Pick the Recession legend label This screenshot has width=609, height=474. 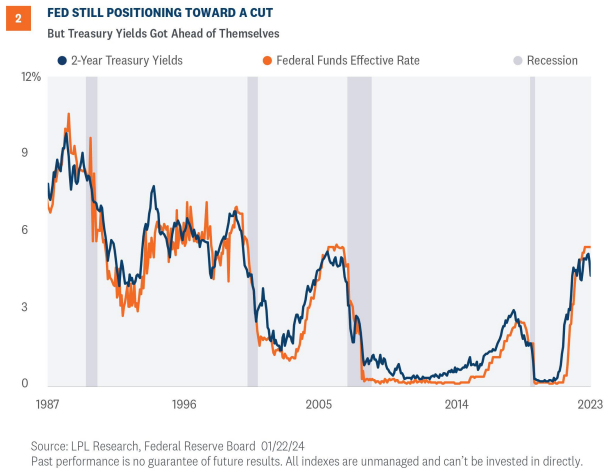click(x=552, y=61)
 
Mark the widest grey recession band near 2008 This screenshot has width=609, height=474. click(x=358, y=230)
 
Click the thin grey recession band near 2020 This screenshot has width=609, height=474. click(x=532, y=230)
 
